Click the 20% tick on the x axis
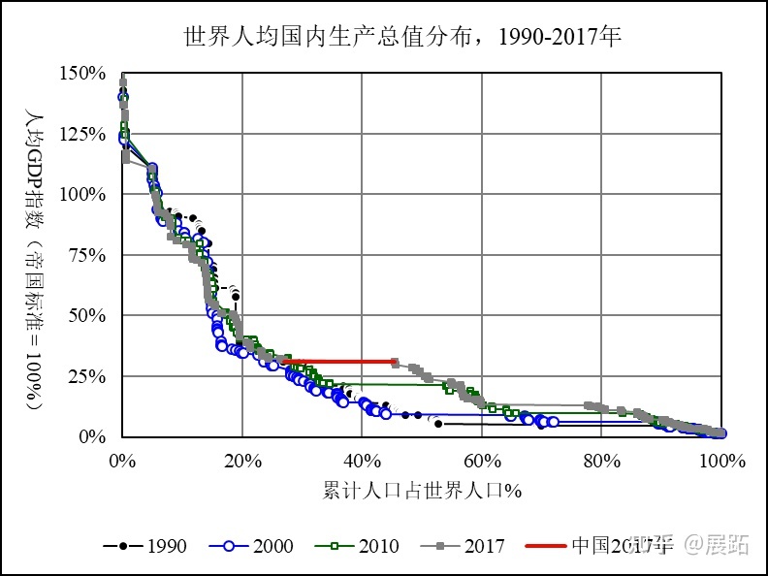click(x=241, y=459)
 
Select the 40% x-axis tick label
click(x=362, y=459)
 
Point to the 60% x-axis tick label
click(x=482, y=459)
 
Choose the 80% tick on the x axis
click(x=601, y=459)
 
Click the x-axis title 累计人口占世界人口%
click(x=422, y=490)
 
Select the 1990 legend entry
click(x=145, y=546)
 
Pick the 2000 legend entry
click(x=251, y=546)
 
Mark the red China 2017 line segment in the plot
click(x=339, y=362)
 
